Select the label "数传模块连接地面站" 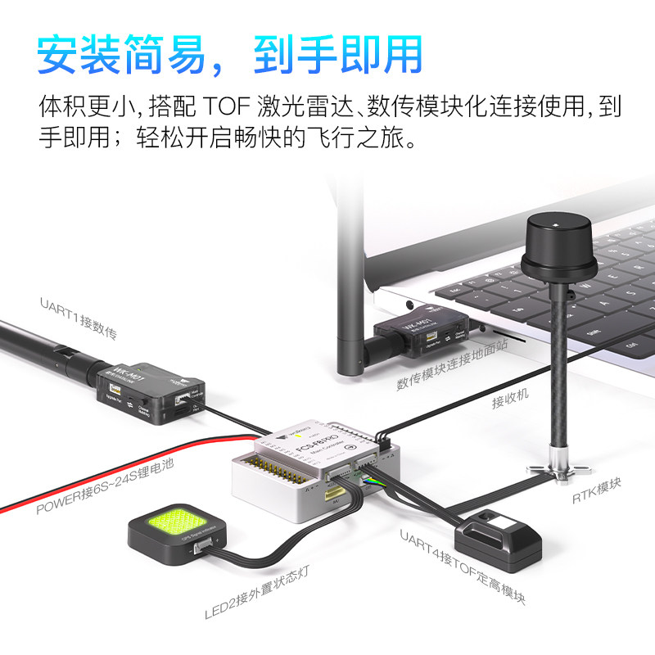tap(452, 366)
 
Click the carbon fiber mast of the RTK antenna tap(560, 368)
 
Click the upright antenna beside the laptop tap(348, 278)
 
